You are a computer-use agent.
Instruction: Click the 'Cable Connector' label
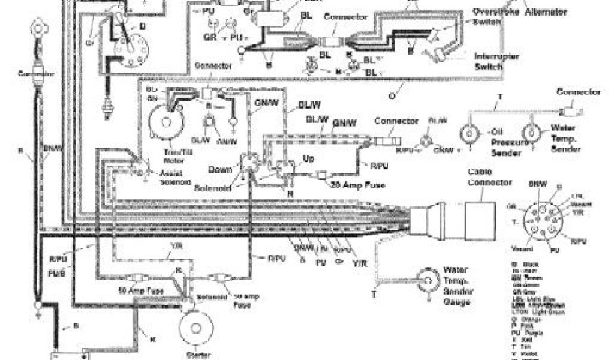tap(489, 177)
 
